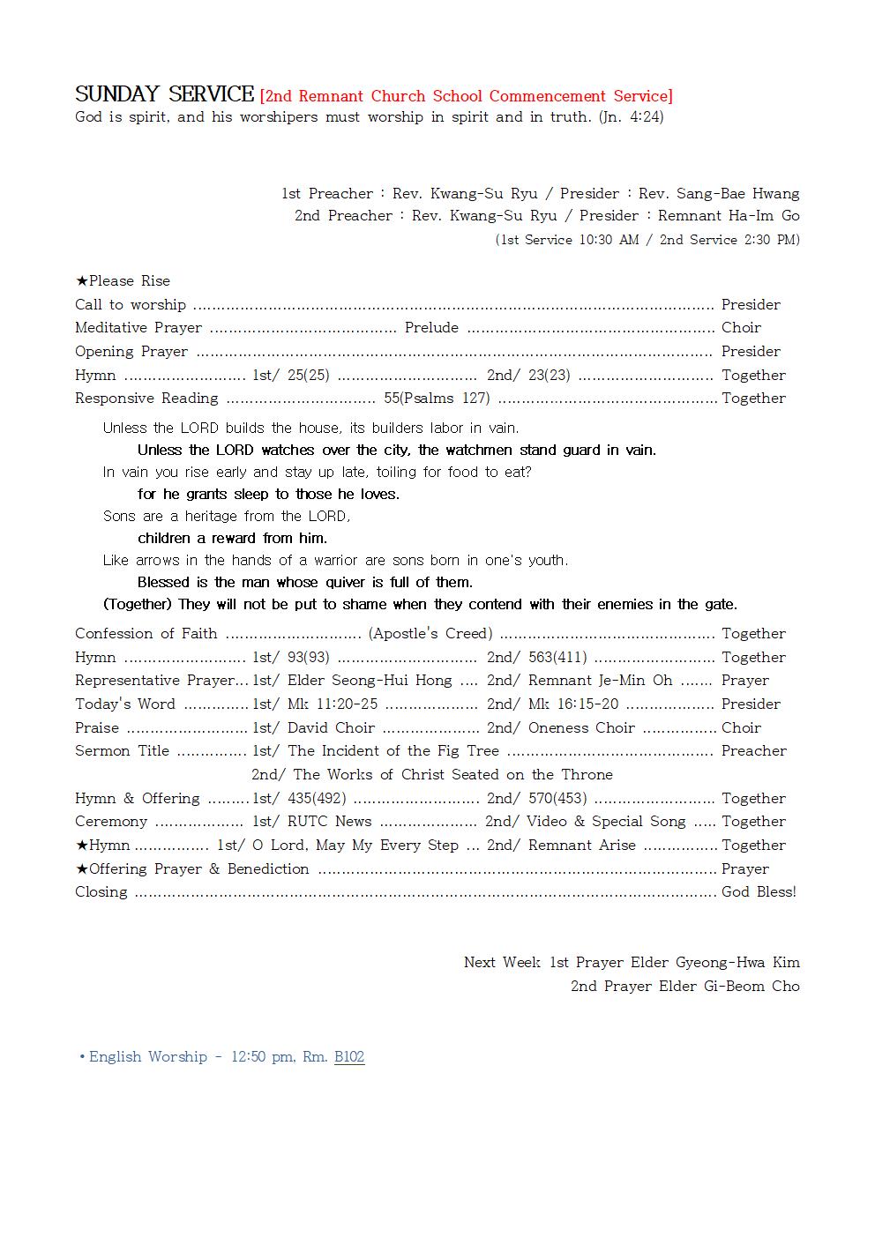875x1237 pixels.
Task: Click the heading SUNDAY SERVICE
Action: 164,94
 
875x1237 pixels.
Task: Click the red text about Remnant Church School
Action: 466,96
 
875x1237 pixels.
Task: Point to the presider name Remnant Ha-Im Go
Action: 729,216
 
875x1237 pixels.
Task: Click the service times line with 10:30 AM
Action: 647,240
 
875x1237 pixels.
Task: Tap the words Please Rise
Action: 129,281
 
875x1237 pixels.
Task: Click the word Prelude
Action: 431,328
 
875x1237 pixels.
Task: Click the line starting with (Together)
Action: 420,605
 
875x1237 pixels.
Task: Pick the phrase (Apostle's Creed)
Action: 430,634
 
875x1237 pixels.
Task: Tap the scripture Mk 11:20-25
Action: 333,704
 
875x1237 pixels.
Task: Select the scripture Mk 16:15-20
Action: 573,704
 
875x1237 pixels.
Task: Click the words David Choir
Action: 331,728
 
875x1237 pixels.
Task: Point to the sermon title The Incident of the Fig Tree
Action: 393,751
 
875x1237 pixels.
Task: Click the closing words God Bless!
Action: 759,892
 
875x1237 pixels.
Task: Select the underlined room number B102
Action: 349,1057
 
